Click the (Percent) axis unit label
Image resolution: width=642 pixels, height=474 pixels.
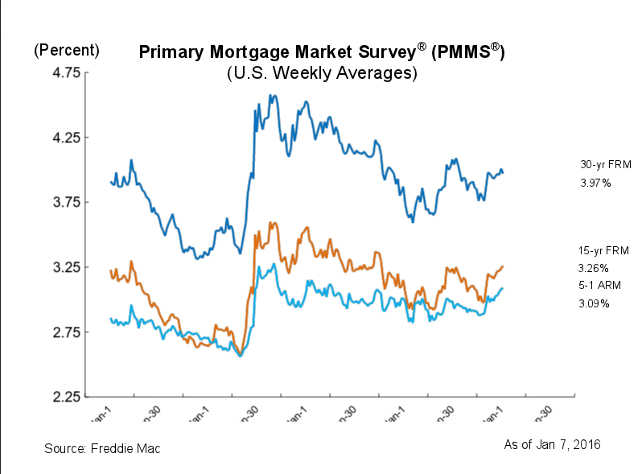66,50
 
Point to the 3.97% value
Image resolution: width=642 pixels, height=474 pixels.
595,183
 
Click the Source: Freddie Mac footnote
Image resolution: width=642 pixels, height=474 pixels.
102,448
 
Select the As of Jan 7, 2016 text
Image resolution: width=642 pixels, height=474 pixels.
552,444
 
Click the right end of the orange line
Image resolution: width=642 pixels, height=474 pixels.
504,266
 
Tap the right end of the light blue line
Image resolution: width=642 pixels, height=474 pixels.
504,288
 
